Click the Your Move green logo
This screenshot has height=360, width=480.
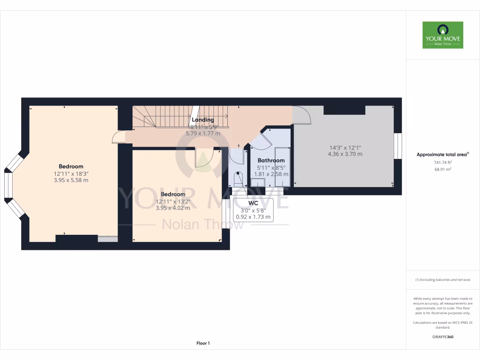pos(442,35)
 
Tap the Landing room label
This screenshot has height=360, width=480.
pos(202,120)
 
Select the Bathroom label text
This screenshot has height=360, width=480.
pos(271,160)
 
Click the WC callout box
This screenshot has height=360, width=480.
pos(253,210)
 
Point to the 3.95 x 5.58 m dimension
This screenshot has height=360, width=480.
pos(71,180)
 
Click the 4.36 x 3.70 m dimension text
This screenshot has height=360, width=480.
pos(345,154)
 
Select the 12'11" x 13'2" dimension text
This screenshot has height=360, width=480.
pos(172,202)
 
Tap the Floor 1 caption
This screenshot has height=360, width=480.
pos(203,344)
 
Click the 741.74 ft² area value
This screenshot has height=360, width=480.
pos(442,163)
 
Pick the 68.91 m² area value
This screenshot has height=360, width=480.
pos(442,169)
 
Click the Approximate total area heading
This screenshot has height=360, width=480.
pos(442,154)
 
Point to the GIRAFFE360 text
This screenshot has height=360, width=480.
pos(442,337)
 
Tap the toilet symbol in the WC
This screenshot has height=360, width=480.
pos(238,180)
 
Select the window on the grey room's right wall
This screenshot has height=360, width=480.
pos(397,146)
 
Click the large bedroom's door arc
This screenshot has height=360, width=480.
pos(119,137)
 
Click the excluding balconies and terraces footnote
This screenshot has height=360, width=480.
pos(442,280)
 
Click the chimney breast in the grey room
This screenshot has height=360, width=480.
pos(344,110)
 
